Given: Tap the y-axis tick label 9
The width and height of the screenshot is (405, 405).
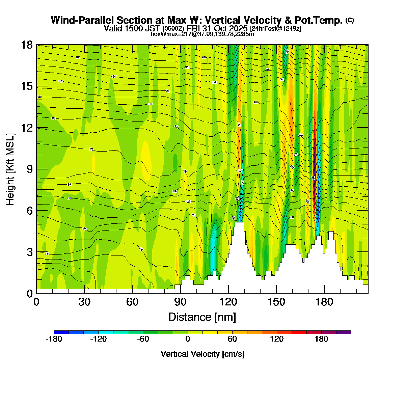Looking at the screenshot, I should [29, 169].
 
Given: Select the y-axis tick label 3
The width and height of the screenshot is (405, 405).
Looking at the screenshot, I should [29, 252].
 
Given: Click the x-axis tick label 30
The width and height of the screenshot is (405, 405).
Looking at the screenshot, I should [84, 302].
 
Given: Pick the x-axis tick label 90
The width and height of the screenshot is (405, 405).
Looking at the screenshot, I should [180, 302].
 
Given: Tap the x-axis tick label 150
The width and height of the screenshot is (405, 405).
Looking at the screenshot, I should [276, 302].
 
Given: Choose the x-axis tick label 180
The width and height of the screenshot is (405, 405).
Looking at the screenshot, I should [324, 302].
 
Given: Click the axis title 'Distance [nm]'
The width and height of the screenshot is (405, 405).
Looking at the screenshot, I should [202, 317].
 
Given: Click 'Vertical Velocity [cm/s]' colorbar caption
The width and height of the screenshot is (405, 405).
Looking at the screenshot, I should [202, 354].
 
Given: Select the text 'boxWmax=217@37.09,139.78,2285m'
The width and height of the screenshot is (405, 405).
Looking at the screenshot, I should [202, 34].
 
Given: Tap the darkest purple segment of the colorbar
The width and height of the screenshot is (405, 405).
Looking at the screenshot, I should [344, 332].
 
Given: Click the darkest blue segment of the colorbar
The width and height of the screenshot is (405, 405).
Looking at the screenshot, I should [61, 332].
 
